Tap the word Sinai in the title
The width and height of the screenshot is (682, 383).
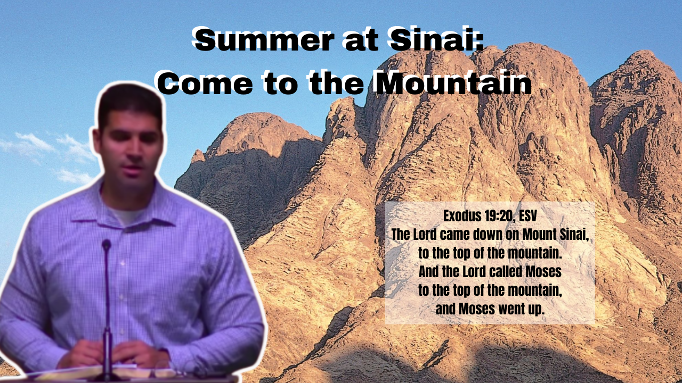pos(436,39)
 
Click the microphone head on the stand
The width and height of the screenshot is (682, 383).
pos(106,245)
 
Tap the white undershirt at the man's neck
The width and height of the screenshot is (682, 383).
pos(126,214)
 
